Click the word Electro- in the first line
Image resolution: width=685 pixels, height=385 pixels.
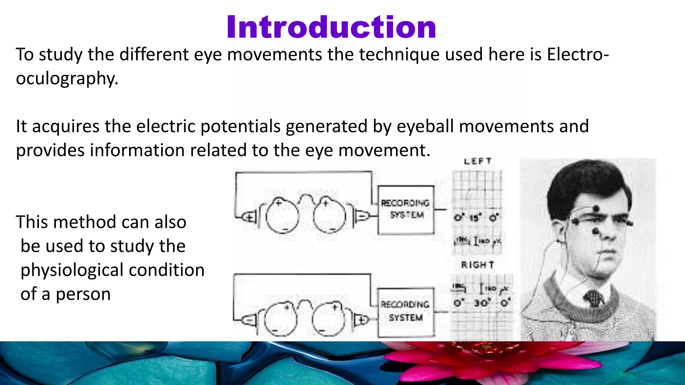pyautogui.click(x=578, y=54)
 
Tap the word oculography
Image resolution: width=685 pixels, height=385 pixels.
pyautogui.click(x=67, y=79)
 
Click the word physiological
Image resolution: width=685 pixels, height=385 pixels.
pyautogui.click(x=112, y=270)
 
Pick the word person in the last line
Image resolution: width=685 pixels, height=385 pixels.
pyautogui.click(x=83, y=294)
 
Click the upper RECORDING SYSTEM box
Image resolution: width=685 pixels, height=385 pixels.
pyautogui.click(x=406, y=210)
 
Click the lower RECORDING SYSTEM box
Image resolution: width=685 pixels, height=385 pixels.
pyautogui.click(x=406, y=311)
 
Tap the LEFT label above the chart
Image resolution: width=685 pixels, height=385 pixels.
pyautogui.click(x=478, y=161)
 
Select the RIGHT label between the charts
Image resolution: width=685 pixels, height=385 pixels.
pyautogui.click(x=477, y=265)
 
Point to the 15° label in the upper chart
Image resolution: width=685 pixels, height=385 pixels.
pyautogui.click(x=474, y=218)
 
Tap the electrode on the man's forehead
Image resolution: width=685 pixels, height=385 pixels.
pyautogui.click(x=596, y=209)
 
